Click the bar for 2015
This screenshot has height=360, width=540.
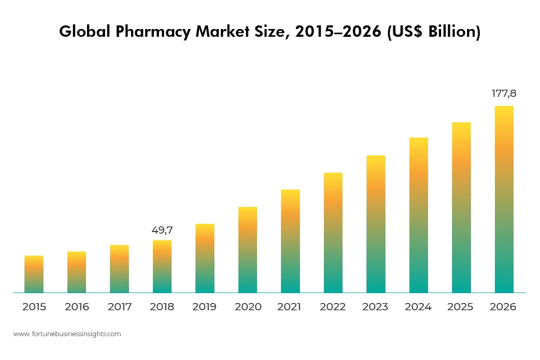34,275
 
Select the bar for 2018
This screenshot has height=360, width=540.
162,267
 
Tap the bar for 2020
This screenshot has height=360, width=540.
248,250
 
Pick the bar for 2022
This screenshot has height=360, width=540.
333,233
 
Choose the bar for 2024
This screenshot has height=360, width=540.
419,215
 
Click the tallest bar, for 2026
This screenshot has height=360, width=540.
504,199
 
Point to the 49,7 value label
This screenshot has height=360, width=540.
162,230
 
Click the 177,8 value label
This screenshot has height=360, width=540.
504,94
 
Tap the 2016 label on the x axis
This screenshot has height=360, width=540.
77,307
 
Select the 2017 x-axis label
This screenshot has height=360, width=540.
120,307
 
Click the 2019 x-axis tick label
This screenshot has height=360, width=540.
205,307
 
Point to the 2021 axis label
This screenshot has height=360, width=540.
289,307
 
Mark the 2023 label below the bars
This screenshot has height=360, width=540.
375,307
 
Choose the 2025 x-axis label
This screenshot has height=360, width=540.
461,307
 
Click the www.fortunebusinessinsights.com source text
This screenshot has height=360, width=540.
67,334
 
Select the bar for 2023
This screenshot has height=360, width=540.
376,224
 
